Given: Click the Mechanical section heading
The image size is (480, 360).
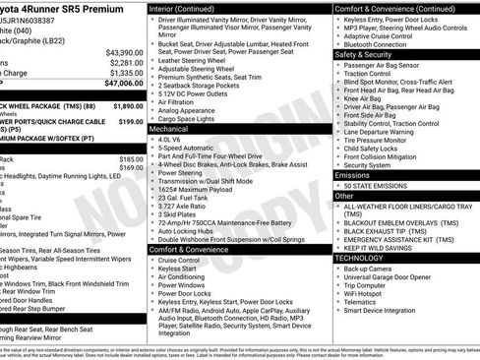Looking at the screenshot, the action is [168, 129].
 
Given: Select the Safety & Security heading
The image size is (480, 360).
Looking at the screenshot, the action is [363, 55].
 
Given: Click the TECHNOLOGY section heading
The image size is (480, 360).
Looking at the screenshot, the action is [359, 257].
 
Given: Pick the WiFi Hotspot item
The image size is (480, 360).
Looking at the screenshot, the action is [369, 292].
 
